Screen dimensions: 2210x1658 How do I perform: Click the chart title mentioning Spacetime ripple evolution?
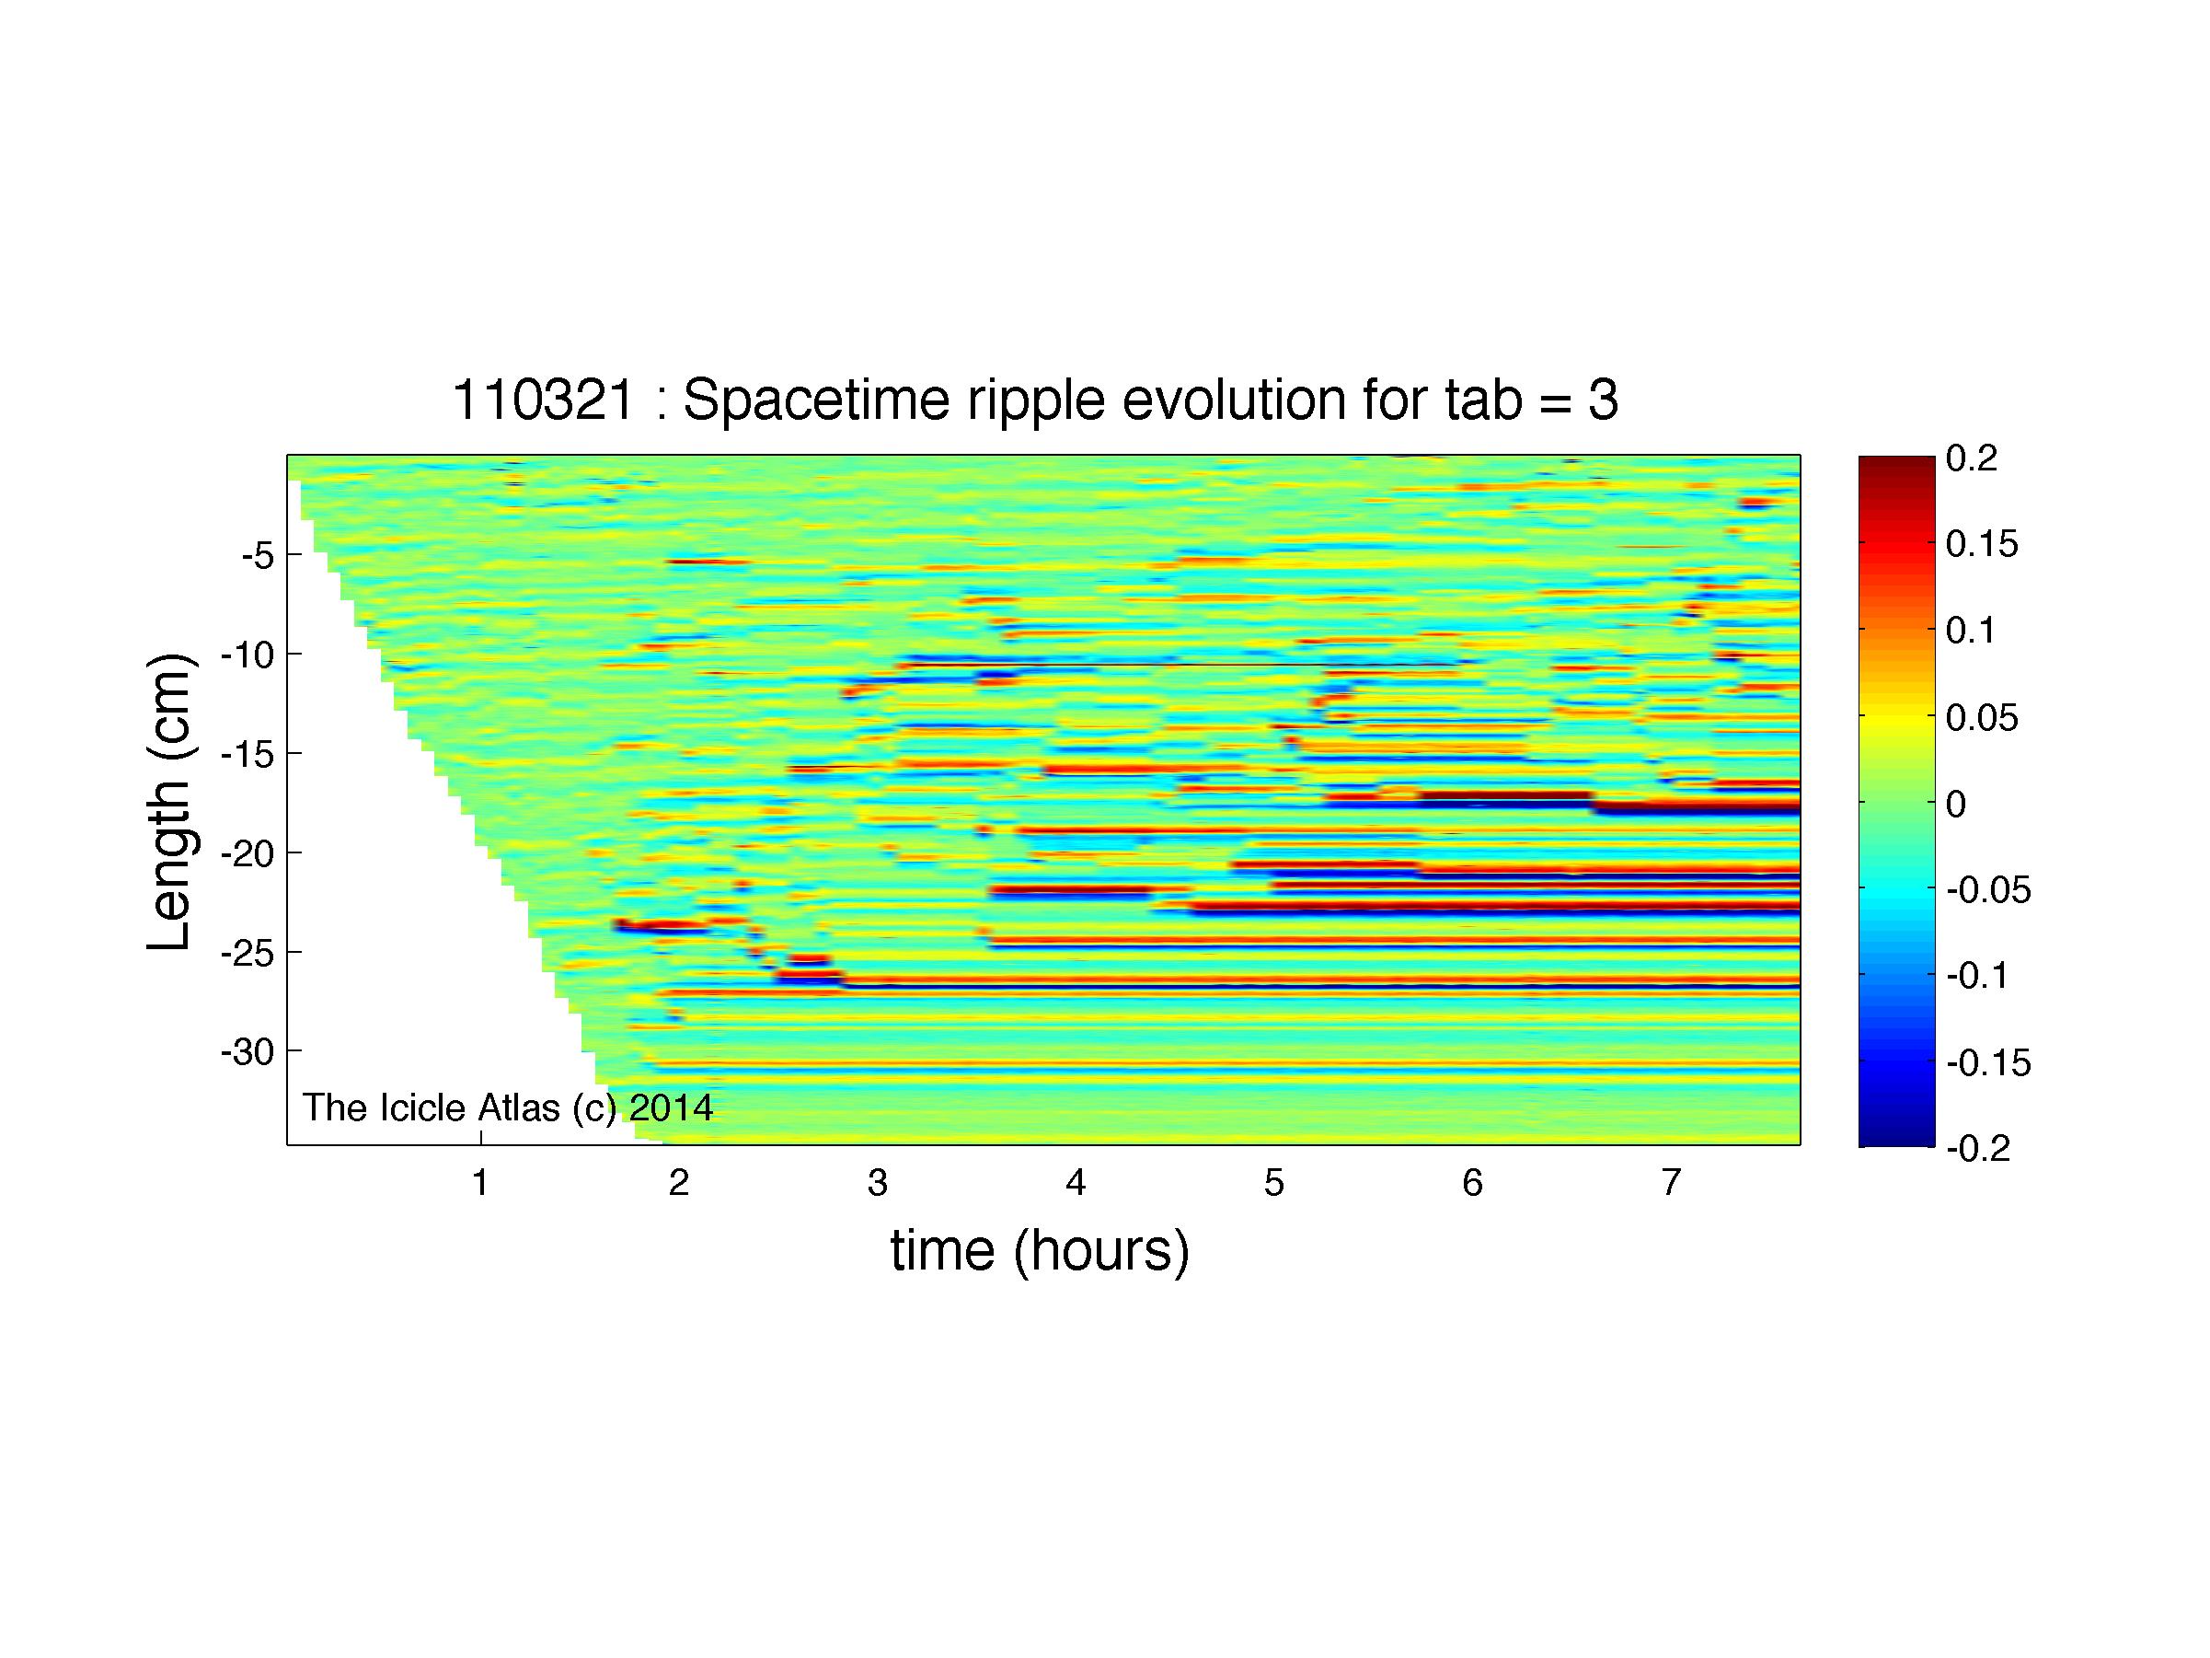coord(1035,400)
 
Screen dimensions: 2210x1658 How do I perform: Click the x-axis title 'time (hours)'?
coord(1040,1250)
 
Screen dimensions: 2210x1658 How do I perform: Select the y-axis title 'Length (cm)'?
coord(170,802)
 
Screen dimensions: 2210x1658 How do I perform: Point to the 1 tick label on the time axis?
coord(480,1183)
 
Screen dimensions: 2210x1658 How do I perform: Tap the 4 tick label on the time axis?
coord(1075,1183)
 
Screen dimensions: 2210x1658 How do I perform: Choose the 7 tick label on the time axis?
coord(1671,1183)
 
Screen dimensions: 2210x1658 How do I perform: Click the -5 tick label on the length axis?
coord(257,555)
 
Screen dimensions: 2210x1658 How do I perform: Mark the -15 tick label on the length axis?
coord(247,754)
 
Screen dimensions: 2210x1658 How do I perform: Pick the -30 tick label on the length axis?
coord(247,1051)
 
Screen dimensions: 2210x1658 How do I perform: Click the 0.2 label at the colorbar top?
coord(1971,458)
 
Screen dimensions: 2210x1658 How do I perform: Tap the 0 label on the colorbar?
coord(1956,804)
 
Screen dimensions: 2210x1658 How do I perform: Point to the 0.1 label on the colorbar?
coord(1970,631)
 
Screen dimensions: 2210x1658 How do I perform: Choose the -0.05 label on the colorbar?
coord(1988,889)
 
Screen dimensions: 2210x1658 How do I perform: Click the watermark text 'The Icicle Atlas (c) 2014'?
coord(508,1107)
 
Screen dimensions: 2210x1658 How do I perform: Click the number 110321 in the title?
coord(544,400)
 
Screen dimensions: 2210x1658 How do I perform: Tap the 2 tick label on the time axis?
coord(678,1183)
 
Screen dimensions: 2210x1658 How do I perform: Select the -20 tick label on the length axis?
coord(247,852)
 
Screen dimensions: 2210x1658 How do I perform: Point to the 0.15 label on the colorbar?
coord(1982,545)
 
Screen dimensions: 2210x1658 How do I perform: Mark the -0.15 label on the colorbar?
coord(1988,1062)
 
